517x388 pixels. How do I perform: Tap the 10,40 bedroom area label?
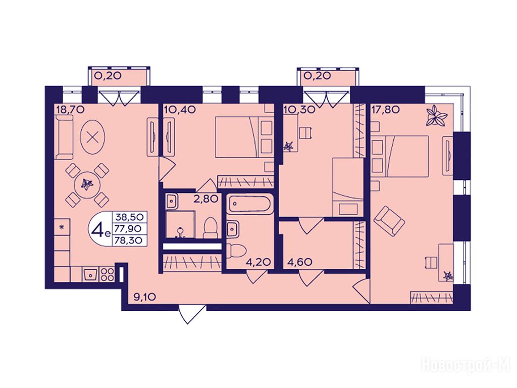(180, 109)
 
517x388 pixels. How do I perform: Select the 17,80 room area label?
(386, 109)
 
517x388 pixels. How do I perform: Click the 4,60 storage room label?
(300, 262)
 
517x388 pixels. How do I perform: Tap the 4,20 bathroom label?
(258, 262)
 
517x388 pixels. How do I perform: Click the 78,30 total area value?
(129, 240)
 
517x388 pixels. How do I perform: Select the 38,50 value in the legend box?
(129, 217)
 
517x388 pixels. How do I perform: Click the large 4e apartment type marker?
(99, 229)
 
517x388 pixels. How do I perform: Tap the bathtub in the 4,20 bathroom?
(250, 205)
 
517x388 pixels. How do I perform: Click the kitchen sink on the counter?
(90, 273)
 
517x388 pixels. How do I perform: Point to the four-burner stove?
(107, 274)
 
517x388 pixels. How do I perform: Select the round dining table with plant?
(87, 184)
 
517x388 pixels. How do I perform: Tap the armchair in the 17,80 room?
(389, 220)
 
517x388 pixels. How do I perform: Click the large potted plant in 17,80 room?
(437, 116)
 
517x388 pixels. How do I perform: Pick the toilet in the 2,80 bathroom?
(210, 228)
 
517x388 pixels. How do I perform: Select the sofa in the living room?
(65, 139)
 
